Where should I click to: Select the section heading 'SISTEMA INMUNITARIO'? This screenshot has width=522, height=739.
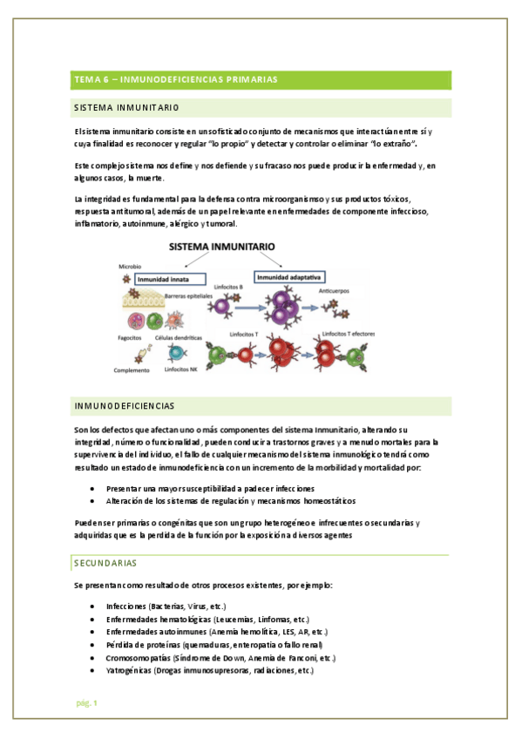[127, 108]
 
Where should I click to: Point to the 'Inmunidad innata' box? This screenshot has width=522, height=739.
[170, 280]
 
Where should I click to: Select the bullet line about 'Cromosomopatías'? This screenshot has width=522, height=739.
[220, 658]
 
